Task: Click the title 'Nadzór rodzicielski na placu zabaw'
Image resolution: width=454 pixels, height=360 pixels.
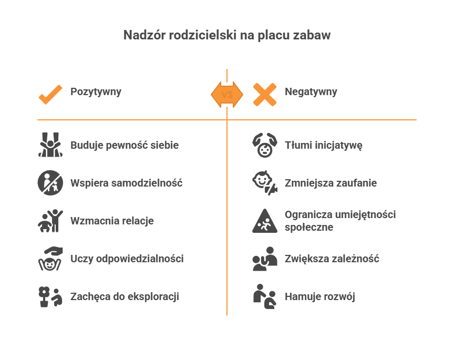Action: click(x=226, y=35)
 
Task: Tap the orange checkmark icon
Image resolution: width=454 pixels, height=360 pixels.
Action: click(x=50, y=95)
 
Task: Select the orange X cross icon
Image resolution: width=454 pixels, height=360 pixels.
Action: click(x=264, y=95)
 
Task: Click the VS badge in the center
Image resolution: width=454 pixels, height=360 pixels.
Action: click(x=227, y=95)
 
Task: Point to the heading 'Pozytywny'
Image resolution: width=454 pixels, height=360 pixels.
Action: click(x=96, y=91)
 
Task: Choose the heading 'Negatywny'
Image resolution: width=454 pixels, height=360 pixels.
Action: click(x=311, y=91)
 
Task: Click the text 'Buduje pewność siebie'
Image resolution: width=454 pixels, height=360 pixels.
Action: click(x=125, y=145)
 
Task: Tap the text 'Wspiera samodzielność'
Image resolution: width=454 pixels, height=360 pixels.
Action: click(x=126, y=183)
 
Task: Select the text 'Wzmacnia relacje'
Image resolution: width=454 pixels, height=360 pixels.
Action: click(x=112, y=221)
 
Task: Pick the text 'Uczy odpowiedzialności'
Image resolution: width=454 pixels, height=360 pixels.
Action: click(x=127, y=259)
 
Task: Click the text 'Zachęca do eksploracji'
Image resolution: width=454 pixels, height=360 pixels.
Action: click(x=125, y=296)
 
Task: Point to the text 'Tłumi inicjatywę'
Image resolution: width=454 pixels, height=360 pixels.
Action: click(x=324, y=145)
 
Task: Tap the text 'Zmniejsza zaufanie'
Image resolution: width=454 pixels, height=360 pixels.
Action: click(x=331, y=183)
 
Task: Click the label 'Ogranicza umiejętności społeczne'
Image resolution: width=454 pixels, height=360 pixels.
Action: click(x=340, y=221)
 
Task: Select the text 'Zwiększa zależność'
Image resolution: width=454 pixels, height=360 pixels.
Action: click(x=332, y=259)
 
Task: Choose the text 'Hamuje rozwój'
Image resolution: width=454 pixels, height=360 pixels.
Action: click(x=320, y=296)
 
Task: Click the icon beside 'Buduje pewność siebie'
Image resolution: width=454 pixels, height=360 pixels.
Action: click(x=50, y=145)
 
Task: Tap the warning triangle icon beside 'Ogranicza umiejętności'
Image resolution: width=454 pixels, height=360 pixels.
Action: click(x=264, y=221)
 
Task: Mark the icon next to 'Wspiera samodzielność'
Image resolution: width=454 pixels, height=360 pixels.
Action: click(x=50, y=183)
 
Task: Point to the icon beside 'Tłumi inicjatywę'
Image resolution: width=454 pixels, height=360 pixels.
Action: click(x=264, y=145)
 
